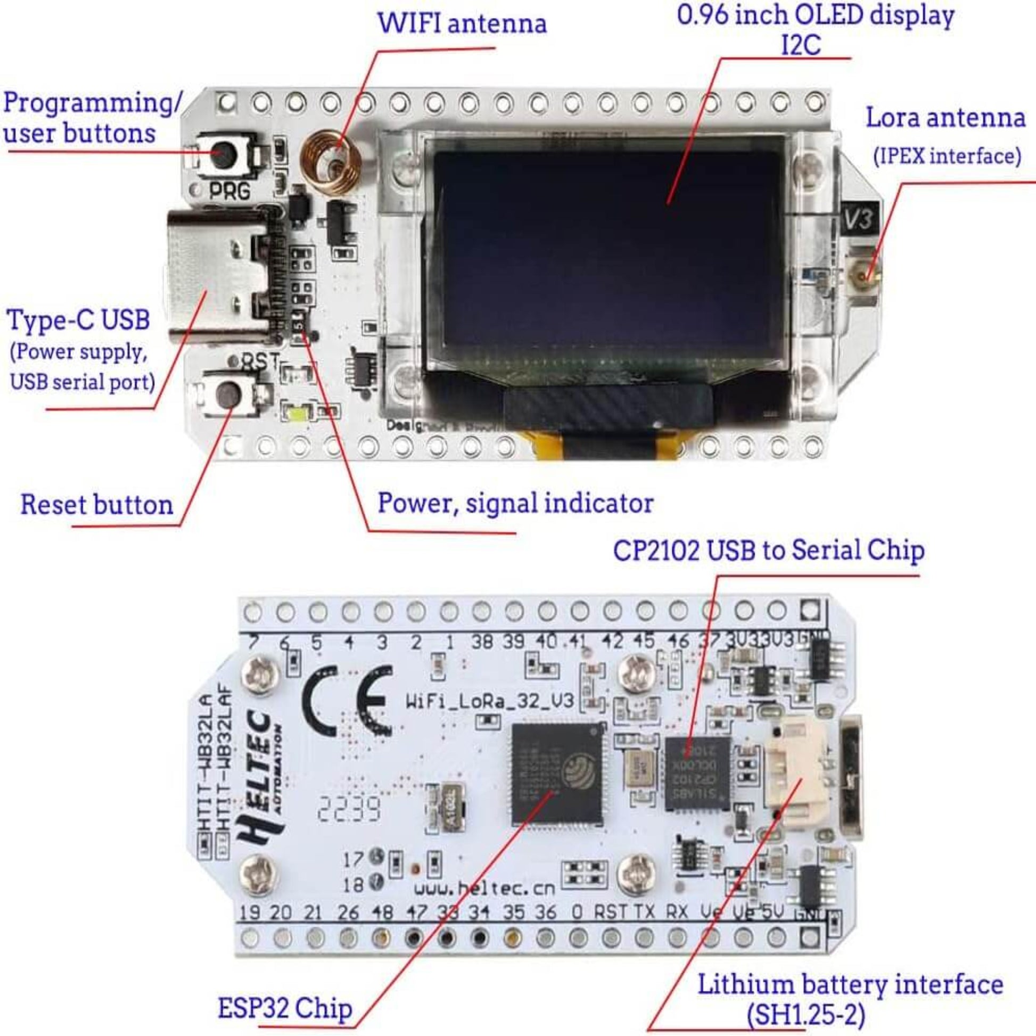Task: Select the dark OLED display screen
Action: tap(606, 257)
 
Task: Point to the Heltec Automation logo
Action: tap(263, 778)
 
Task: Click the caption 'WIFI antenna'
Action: tap(462, 23)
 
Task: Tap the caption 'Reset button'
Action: tap(96, 505)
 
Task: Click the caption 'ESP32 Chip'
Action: tap(285, 1008)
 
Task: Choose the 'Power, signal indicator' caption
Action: tap(515, 503)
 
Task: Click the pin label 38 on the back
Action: tap(482, 642)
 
